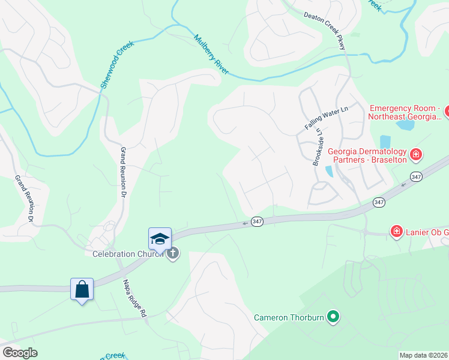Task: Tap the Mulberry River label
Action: point(211,55)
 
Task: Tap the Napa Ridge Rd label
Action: point(134,298)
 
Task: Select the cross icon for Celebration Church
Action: point(173,253)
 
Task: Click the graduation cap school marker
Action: point(160,239)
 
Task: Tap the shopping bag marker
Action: point(82,289)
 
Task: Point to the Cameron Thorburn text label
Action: point(289,317)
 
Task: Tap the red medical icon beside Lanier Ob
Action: point(396,232)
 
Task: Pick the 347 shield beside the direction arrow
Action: point(257,221)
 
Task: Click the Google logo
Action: point(20,353)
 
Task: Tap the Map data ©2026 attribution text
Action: point(423,355)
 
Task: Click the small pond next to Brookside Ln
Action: point(329,172)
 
